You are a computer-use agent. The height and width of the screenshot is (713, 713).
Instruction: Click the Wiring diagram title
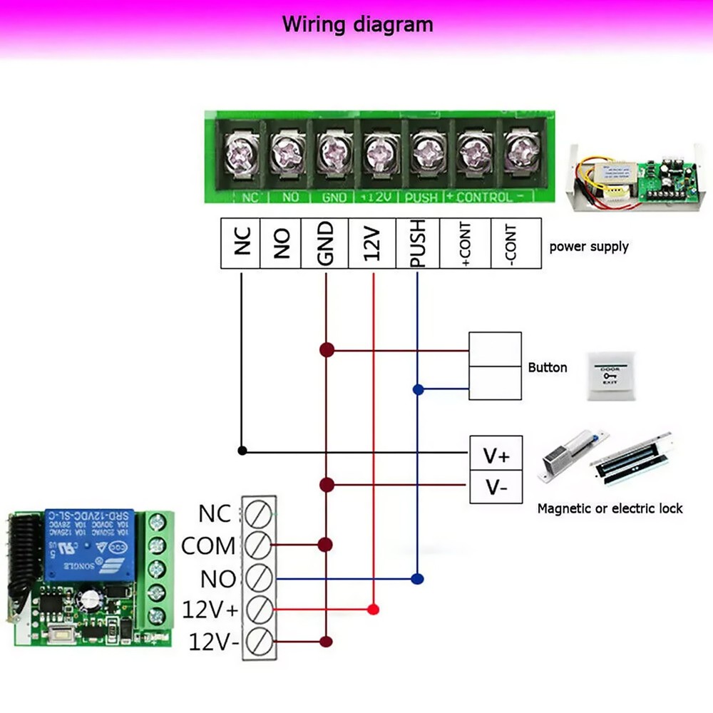(357, 24)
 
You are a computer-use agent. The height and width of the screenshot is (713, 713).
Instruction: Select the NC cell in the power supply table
(241, 243)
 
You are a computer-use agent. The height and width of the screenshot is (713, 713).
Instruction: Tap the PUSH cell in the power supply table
(418, 243)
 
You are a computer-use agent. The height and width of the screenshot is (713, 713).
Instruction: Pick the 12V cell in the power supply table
(372, 243)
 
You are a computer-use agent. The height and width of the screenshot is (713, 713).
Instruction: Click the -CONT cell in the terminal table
(515, 243)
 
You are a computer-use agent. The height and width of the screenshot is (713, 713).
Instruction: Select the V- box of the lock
(495, 488)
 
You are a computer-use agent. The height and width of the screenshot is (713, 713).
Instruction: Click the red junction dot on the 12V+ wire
(372, 610)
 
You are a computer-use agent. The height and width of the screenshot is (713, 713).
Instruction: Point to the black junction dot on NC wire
(242, 451)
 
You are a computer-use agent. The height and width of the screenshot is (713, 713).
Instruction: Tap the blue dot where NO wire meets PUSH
(418, 578)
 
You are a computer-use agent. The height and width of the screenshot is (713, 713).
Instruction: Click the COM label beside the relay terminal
(208, 546)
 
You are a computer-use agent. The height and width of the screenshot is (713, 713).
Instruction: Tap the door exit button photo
(610, 374)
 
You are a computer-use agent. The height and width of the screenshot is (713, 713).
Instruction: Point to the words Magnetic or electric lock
(610, 508)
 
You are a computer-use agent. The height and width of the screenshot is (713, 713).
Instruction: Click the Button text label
(548, 368)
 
